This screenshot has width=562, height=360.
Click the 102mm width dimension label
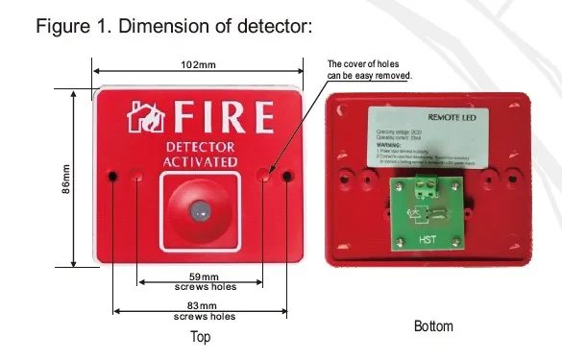point(198,64)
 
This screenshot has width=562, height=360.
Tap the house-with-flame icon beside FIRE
point(147,118)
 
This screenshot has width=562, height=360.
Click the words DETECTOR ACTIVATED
point(202,156)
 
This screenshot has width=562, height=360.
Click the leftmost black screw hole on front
point(113,177)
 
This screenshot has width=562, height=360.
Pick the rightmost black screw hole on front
point(286,177)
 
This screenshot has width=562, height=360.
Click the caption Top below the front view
point(199,337)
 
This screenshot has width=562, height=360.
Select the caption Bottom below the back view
point(434,326)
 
